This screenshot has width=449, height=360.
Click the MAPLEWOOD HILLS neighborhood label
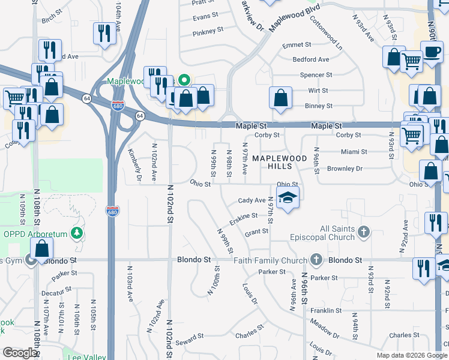pos(279,163)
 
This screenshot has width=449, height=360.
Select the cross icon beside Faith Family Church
pos(317,260)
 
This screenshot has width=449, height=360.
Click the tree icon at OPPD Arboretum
pos(76,233)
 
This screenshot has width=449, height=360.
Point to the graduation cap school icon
pos(288,199)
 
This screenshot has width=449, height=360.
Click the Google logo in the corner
pos(20,353)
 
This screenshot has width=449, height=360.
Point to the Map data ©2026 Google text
pos(411,355)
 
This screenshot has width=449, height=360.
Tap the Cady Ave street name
pos(252,200)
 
